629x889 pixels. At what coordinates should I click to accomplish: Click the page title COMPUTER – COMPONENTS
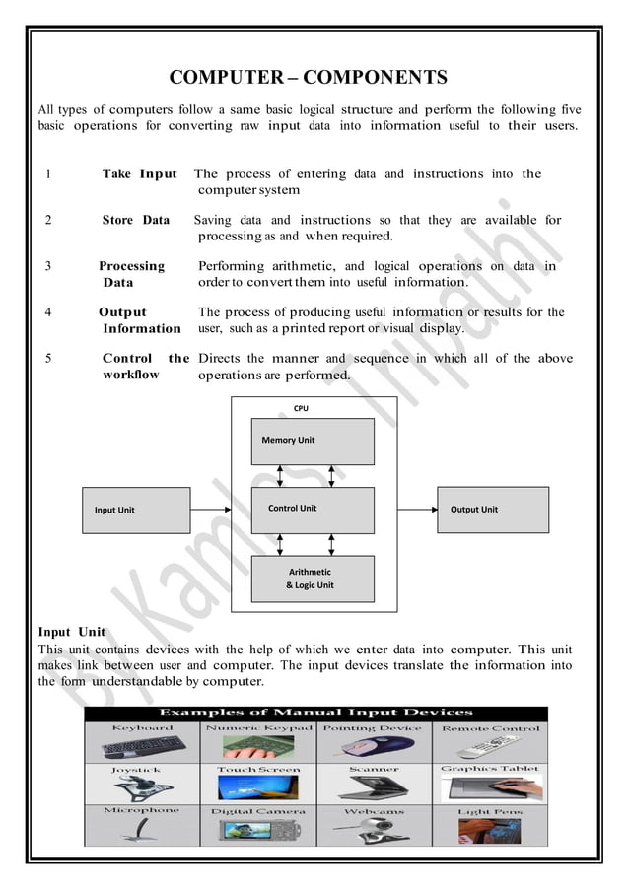point(308,78)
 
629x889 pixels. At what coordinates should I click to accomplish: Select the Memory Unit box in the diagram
point(313,441)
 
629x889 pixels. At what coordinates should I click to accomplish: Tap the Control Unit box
point(313,510)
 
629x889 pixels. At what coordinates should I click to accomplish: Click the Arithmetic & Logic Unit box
point(313,579)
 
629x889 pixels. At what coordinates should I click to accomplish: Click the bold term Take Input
point(139,174)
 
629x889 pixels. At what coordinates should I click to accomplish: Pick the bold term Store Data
point(136,220)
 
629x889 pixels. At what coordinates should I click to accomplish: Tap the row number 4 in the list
point(48,312)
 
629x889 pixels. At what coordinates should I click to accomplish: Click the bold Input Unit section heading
point(71,632)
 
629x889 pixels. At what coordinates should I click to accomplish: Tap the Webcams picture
point(374,830)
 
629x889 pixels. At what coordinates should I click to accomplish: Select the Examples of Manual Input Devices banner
point(315,712)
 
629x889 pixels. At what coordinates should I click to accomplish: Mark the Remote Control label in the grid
point(490,728)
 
